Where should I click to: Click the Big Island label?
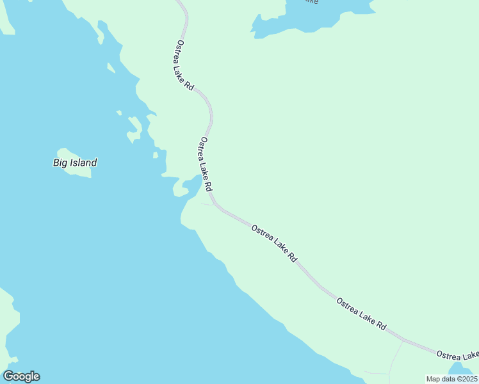[x=74, y=163]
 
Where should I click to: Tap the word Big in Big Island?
[x=60, y=163]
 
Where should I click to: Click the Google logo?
[x=21, y=376]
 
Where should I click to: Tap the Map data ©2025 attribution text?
[x=451, y=379]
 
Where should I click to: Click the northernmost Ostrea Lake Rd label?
[x=184, y=65]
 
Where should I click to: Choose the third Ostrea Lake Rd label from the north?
[x=275, y=243]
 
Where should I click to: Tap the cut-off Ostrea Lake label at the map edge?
[x=457, y=355]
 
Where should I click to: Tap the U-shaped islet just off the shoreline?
[x=134, y=129]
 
